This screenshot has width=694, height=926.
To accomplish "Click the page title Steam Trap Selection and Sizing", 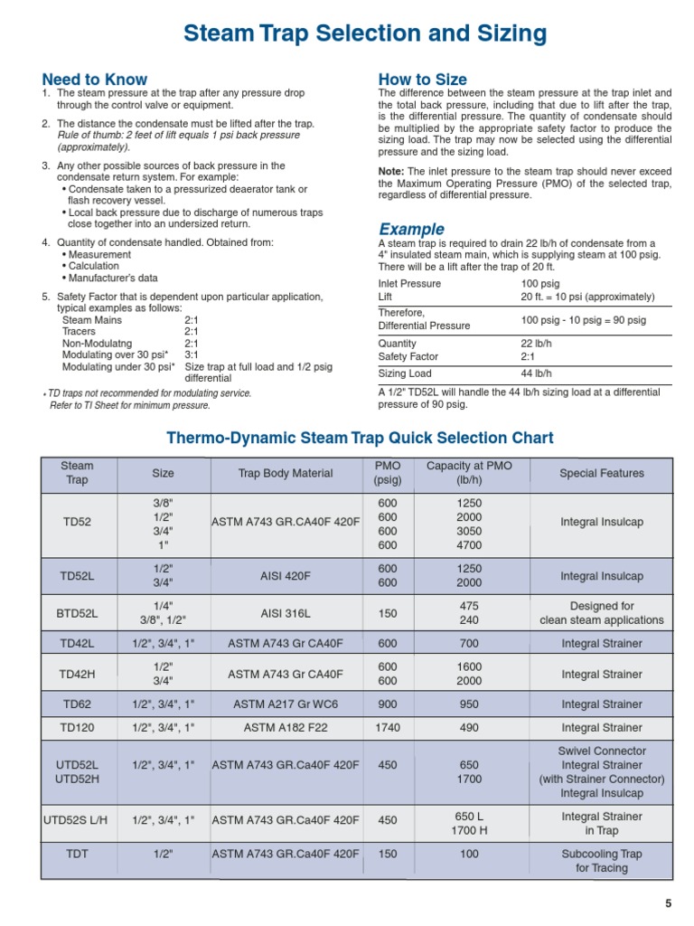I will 365,34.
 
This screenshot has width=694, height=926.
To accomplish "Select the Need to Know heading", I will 95,79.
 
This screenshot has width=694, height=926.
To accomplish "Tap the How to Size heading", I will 423,79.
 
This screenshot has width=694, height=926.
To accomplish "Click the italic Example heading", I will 411,229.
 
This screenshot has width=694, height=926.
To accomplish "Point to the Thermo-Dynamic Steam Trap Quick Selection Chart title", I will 360,438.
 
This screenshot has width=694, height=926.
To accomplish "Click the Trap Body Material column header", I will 286,473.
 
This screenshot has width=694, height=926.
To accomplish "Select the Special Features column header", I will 602,473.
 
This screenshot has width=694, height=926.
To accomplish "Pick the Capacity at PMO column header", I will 469,473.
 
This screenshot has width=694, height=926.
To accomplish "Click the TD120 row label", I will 78,728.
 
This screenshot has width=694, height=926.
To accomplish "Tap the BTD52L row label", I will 78,613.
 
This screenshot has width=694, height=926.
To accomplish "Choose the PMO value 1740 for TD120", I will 388,728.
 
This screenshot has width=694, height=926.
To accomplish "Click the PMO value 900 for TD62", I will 388,704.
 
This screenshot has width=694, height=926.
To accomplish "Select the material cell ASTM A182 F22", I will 286,728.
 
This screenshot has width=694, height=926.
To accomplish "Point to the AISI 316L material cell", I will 286,613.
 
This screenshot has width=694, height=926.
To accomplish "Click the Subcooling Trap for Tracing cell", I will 602,861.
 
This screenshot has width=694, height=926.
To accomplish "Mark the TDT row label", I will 78,853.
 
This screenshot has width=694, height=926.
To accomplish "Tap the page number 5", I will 669,903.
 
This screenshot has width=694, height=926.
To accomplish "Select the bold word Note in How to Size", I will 390,172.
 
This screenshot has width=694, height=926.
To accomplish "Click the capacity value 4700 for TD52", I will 469,546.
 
